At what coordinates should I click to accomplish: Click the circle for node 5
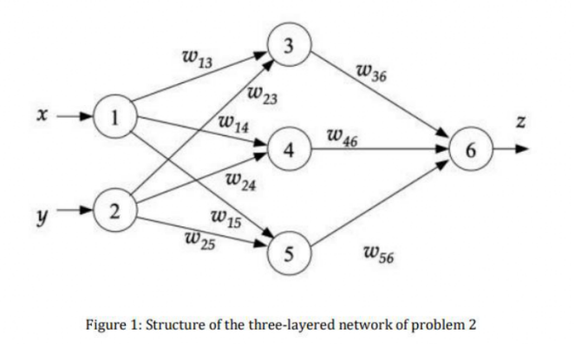click(288, 253)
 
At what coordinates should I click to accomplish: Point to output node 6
click(470, 149)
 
